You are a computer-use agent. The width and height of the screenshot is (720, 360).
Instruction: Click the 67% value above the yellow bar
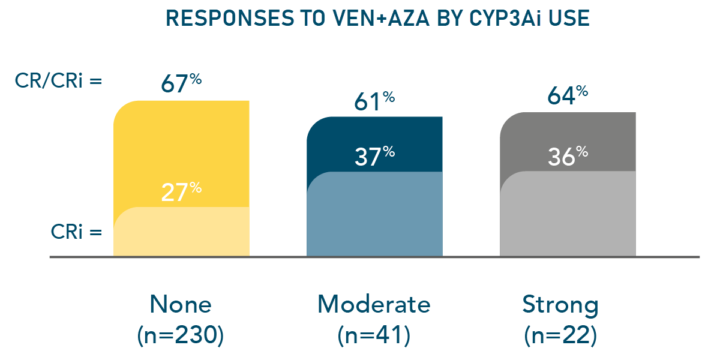coord(181,83)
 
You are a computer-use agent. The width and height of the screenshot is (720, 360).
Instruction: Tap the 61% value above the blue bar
coord(374,101)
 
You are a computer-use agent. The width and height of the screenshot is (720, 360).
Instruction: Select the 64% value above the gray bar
coord(568,97)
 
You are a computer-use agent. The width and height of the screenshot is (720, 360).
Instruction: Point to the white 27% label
coord(181,193)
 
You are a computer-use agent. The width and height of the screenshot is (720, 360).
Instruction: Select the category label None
coord(181,305)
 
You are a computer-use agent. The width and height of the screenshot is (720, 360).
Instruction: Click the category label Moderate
coord(374,305)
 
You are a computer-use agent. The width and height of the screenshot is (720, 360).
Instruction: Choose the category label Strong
coord(560,305)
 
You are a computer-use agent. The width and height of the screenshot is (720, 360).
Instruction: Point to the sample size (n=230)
coord(181,335)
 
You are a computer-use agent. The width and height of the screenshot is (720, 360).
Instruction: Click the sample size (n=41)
coord(374,335)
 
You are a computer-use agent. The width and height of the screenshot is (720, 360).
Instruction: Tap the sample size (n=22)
coord(560,335)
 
